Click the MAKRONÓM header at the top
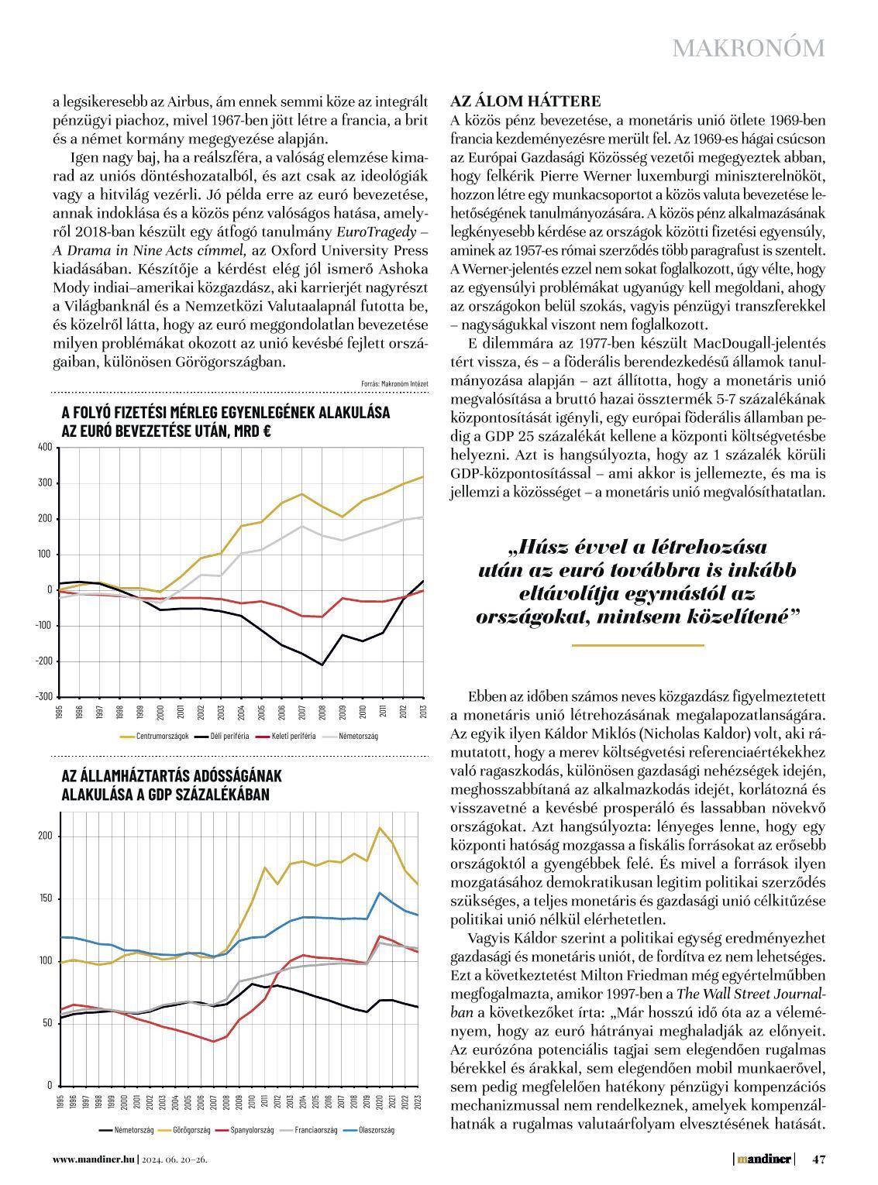tap(748, 48)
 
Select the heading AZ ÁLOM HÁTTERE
tap(525, 101)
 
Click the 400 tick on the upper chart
tap(44, 447)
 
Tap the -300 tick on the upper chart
tap(44, 696)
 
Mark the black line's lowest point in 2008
tap(322, 665)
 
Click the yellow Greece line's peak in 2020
tap(380, 828)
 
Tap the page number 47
tap(819, 1159)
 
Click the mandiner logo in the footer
tap(764, 1159)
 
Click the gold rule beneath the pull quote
tap(637, 645)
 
